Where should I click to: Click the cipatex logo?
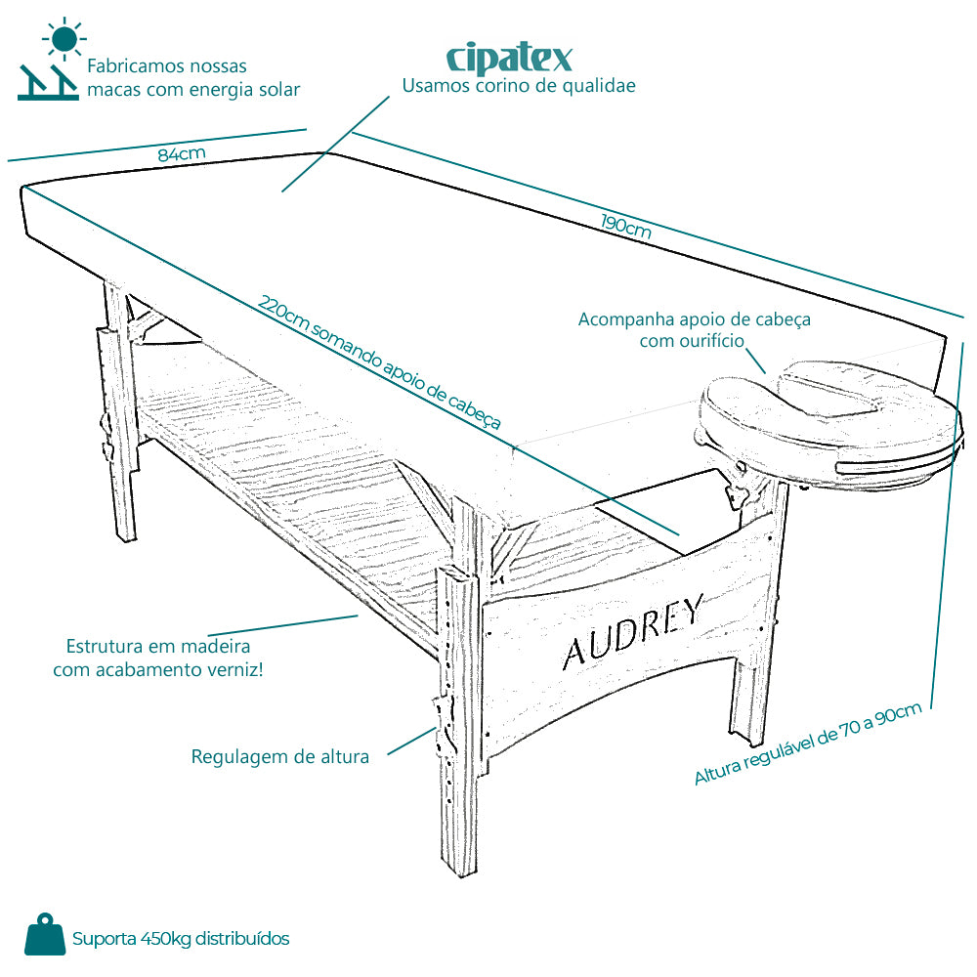[x=509, y=58]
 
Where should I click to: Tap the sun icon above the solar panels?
[x=64, y=39]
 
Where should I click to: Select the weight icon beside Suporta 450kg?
[x=45, y=934]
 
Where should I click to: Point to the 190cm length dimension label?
[x=626, y=227]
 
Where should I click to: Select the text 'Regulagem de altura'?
[x=279, y=756]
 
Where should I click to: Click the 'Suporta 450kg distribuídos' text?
[x=181, y=938]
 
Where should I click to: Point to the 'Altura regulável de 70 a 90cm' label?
[x=808, y=743]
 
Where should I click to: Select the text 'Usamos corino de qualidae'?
[x=519, y=86]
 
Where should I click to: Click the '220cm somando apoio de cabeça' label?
[x=379, y=362]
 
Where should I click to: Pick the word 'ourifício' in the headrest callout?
[x=711, y=341]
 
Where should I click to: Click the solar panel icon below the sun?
[x=48, y=82]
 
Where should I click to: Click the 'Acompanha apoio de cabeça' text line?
[x=694, y=319]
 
